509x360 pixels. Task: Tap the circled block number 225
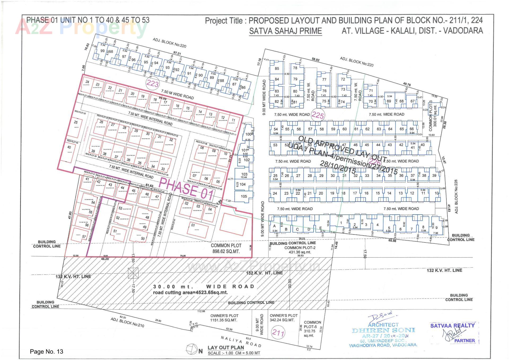click(318, 115)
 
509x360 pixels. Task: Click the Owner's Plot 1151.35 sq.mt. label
click(224, 318)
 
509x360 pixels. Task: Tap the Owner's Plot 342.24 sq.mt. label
click(284, 318)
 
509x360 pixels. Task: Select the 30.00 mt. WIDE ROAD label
click(204, 287)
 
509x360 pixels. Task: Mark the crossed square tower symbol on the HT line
click(133, 273)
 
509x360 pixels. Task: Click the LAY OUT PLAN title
click(226, 348)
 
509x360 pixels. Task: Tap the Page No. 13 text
click(47, 352)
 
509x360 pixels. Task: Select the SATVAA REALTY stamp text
click(452, 326)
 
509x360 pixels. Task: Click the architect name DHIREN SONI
click(383, 331)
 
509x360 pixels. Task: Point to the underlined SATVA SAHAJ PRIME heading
click(285, 31)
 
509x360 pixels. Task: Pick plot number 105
click(244, 196)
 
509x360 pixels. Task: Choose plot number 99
click(102, 51)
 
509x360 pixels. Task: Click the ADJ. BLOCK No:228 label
click(456, 197)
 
